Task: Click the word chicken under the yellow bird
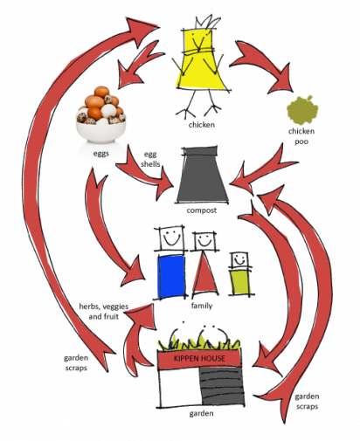tap(202, 125)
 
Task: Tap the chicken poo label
tap(301, 136)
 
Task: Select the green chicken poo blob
tap(302, 110)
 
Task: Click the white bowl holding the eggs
tap(101, 132)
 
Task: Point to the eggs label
tap(101, 153)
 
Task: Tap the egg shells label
tap(150, 159)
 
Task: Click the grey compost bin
tap(202, 175)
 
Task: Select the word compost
tap(202, 210)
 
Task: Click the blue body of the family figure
tap(171, 277)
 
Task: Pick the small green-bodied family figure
tap(240, 273)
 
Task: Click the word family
tap(202, 306)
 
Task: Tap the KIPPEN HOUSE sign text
tap(199, 358)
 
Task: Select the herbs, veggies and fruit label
tap(104, 311)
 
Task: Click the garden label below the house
tap(201, 413)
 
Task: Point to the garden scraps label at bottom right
tap(307, 402)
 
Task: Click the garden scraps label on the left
tap(76, 362)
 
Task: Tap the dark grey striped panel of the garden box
tap(222, 386)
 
